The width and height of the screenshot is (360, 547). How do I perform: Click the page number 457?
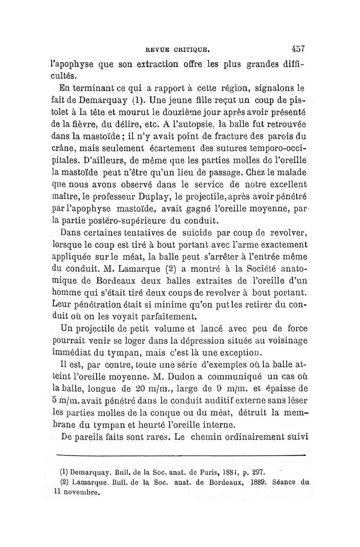(x=298, y=47)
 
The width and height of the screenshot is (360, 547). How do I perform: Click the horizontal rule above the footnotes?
(x=180, y=455)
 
